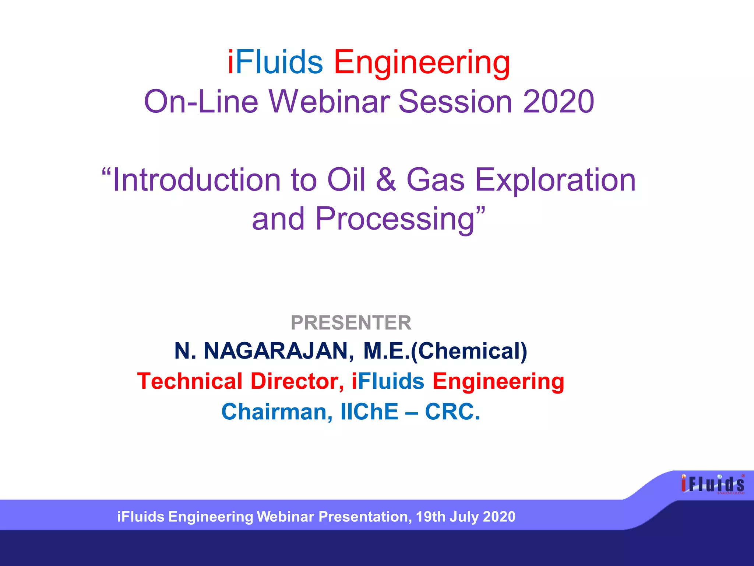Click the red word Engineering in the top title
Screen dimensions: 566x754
pos(422,63)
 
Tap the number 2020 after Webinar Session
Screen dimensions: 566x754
pos(558,102)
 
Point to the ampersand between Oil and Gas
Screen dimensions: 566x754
pos(386,180)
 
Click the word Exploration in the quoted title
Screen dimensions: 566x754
pos(555,181)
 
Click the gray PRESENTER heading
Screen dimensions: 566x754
pos(351,323)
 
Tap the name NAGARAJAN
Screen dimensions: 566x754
pos(279,351)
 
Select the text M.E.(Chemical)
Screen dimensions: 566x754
pos(445,351)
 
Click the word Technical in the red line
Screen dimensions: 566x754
pos(190,381)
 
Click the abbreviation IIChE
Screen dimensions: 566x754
pos(369,412)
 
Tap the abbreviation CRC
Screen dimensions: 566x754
pos(452,412)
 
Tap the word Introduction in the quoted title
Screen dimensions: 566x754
pos(197,180)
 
